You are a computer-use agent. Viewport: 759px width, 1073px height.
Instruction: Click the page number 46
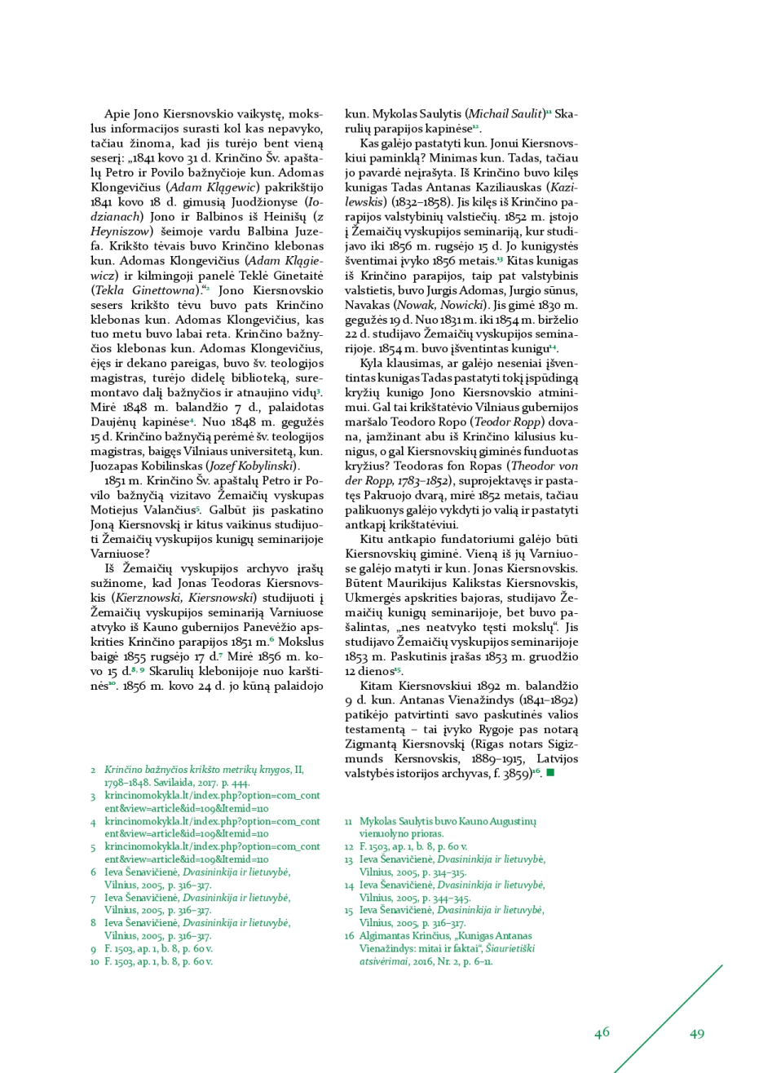[x=602, y=1033]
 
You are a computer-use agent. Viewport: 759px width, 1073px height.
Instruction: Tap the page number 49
[x=697, y=1034]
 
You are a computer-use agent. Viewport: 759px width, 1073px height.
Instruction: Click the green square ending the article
[x=550, y=772]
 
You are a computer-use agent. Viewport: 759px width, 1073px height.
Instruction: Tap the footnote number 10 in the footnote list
[x=95, y=961]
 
